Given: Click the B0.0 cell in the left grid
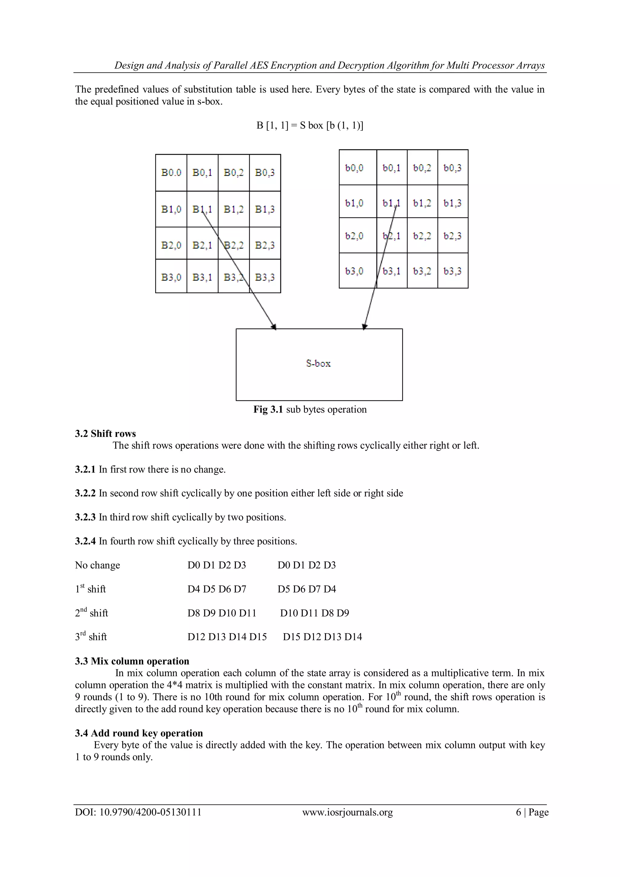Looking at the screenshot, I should [171, 173].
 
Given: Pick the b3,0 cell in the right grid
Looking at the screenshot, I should [354, 271].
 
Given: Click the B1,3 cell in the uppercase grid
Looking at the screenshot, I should [265, 209].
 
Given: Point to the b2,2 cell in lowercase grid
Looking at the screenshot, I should [422, 236].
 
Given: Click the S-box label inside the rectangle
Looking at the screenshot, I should [318, 363].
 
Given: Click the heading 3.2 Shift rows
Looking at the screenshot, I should [105, 434].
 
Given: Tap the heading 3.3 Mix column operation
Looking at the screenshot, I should [132, 661].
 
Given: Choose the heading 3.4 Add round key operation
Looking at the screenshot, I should [139, 733].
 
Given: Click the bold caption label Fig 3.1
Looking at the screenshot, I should [268, 409].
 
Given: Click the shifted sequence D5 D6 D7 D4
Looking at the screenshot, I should [307, 589].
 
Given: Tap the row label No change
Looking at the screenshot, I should [97, 565].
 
